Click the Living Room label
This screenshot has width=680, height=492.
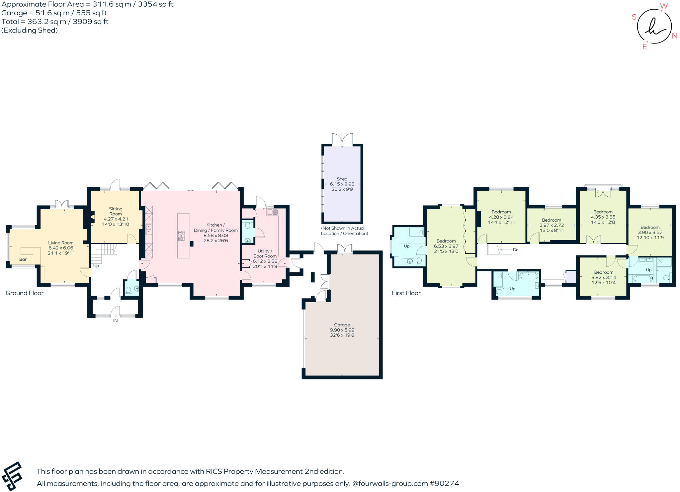pos(61,243)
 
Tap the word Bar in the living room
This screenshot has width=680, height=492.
pos(23,259)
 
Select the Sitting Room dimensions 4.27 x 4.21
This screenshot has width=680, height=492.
pos(116,219)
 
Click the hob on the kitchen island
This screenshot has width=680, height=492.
pos(181,236)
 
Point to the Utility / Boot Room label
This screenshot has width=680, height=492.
pos(265,253)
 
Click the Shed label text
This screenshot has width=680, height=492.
pos(342,179)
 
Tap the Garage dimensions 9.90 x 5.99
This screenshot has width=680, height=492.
pos(342,330)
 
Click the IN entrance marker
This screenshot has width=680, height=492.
pos(115,321)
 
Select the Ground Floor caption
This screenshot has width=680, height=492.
pos(25,293)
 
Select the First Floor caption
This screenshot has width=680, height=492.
pos(406,293)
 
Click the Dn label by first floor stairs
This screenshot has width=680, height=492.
pos(516,250)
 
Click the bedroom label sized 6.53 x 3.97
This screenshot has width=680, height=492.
pos(446,241)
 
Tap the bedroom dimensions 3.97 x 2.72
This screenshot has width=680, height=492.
pos(552,225)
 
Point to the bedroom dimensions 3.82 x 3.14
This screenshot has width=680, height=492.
pos(604,277)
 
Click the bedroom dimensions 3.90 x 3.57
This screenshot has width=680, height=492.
pos(650,233)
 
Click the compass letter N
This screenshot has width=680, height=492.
pos(674,36)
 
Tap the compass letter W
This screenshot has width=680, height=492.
pos(663,6)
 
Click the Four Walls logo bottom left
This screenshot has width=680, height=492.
pos(12,476)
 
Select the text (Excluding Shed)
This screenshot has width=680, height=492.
pos(30,30)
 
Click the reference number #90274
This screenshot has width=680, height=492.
pos(444,483)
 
